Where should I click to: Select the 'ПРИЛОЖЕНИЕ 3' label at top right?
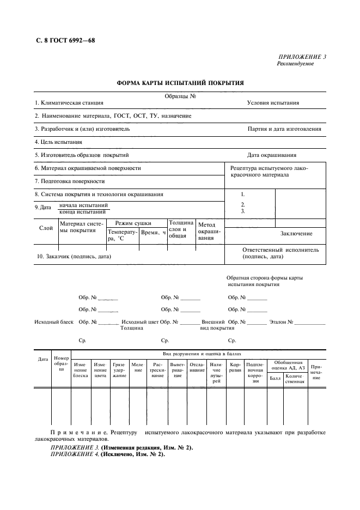tap(302, 57)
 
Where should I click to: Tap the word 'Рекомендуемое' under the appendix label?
tap(296, 64)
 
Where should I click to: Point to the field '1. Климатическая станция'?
tap(69, 103)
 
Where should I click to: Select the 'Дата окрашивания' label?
tap(272, 155)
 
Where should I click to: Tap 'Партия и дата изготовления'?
tap(284, 129)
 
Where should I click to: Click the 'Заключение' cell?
tap(296, 234)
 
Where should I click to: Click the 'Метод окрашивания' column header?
tap(209, 231)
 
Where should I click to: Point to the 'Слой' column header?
tap(46, 228)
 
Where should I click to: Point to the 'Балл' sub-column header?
tap(275, 378)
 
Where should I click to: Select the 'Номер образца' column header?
tap(61, 363)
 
